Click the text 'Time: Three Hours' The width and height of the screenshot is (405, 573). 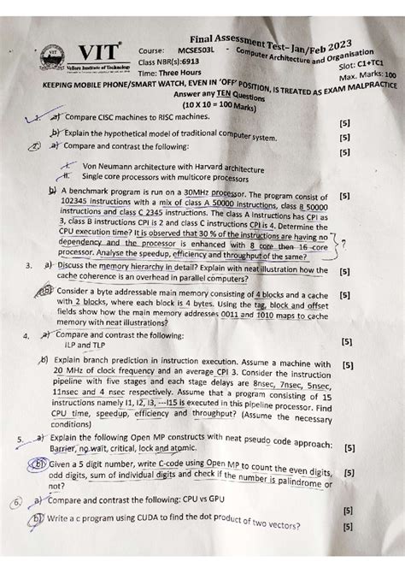[170, 74]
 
